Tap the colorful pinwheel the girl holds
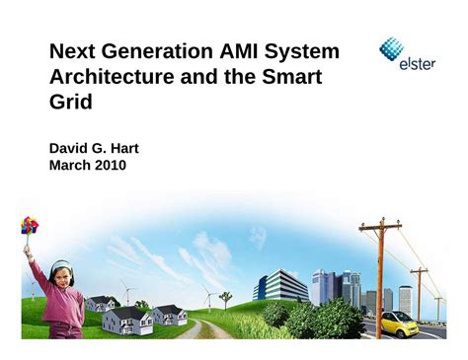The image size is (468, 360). (x=30, y=226)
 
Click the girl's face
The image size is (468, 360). (x=61, y=272)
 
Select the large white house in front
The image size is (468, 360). (x=128, y=320)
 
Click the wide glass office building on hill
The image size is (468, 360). (x=280, y=285)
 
